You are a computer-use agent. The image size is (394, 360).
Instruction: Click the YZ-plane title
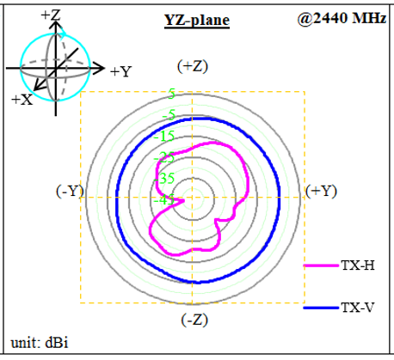(197, 21)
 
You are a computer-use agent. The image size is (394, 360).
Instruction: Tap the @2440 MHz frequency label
(342, 19)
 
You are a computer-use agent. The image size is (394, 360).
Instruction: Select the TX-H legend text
(358, 265)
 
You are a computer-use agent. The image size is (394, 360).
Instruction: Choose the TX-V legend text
(358, 308)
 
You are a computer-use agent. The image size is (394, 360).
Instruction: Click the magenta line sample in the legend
(321, 265)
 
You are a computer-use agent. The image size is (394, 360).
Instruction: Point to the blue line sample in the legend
(321, 308)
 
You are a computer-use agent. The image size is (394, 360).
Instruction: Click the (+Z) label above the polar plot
(193, 66)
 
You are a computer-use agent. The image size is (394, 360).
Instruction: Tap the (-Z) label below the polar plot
(194, 320)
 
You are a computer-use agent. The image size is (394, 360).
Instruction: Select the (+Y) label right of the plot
(321, 191)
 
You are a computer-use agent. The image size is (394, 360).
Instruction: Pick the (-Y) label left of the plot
(70, 191)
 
